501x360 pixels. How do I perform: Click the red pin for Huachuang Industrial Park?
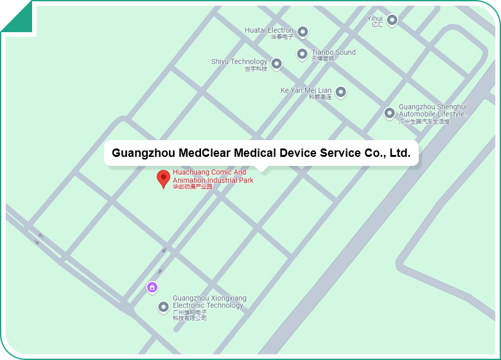coord(164,178)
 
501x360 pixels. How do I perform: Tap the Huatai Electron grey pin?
coord(303,32)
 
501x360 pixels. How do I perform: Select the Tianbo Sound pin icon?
coord(303,54)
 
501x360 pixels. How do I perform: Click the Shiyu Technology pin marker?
coord(276,64)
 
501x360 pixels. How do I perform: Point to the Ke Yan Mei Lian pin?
coord(341,92)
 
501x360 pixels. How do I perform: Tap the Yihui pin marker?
coord(392,20)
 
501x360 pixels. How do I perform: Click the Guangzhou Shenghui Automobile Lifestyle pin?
coord(389,113)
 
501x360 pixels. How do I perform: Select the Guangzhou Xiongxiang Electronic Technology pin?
coord(164,307)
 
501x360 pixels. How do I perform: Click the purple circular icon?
coord(152,287)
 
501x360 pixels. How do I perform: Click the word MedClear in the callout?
coord(204,153)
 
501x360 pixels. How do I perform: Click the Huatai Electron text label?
coord(269,30)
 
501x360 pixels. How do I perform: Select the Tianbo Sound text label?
coord(333,53)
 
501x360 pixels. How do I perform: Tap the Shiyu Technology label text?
coord(239,62)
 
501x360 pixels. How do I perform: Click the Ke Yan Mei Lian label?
coord(306,91)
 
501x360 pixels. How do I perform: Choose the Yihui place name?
coord(374,19)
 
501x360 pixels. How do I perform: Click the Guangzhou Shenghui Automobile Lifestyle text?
coord(432,111)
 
